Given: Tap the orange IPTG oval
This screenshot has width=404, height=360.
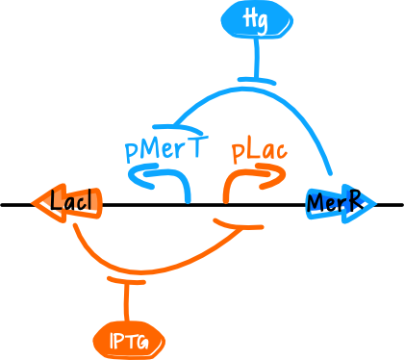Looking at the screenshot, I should tap(128, 340).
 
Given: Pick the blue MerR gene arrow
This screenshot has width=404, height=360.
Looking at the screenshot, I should tap(338, 203).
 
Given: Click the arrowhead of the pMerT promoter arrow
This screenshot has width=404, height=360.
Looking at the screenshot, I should tap(136, 175).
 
